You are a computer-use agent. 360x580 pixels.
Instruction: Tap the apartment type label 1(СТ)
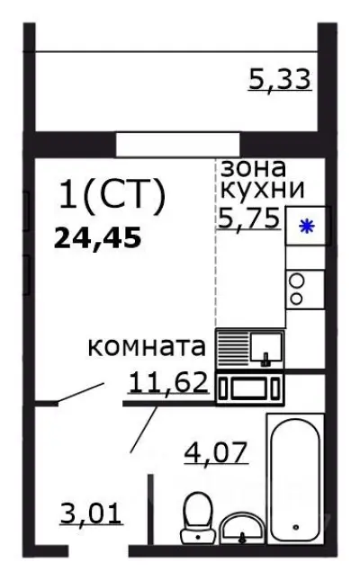[x=111, y=196]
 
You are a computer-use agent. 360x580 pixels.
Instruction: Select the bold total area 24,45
[x=99, y=238]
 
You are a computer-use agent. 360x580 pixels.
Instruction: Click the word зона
[x=253, y=167]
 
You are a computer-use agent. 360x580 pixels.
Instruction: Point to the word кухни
[x=262, y=190]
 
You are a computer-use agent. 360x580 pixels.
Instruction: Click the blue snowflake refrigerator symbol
[x=307, y=227]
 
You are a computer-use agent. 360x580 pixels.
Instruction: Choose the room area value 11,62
[x=169, y=384]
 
